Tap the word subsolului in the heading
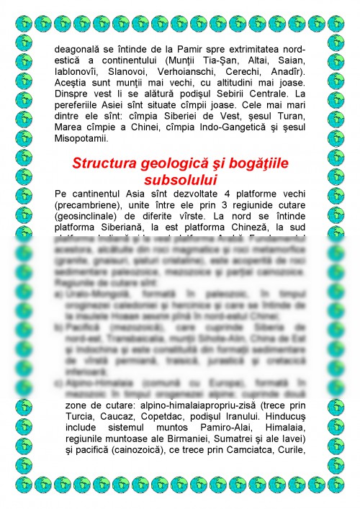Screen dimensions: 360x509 [x=179, y=178]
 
